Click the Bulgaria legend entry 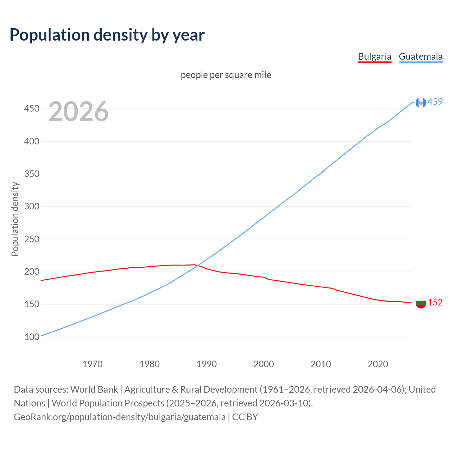click(374, 56)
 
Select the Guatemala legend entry click(420, 56)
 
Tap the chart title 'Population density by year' click(107, 35)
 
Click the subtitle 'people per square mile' click(226, 75)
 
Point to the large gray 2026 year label click(78, 112)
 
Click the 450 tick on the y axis click(31, 108)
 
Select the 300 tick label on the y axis click(31, 206)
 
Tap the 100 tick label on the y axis click(31, 337)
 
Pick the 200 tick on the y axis click(31, 272)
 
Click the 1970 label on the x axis click(93, 364)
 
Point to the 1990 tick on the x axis click(207, 364)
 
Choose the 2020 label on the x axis click(378, 364)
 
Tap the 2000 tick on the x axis click(264, 364)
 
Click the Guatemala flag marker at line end click(421, 102)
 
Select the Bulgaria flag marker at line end click(421, 303)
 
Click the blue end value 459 click(435, 102)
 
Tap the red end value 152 click(435, 303)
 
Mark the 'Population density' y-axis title click(15, 219)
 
